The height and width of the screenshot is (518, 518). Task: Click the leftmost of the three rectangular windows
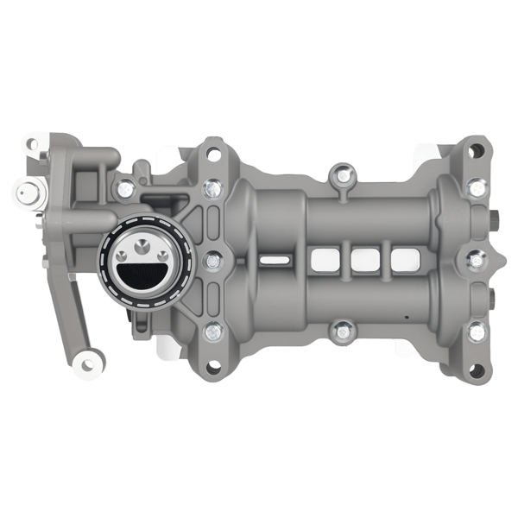coord(325,258)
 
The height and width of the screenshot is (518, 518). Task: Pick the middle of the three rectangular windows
coord(364,258)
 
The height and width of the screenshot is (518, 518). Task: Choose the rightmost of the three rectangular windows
coord(403,258)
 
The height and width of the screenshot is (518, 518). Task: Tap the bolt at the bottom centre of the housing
coord(343,329)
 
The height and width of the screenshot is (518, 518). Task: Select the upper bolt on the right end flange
coord(476,186)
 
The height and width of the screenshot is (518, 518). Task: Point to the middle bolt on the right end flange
coord(476,259)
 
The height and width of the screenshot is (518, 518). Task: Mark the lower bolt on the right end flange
coord(476,331)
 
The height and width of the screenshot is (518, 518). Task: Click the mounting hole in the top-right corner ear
coord(474,150)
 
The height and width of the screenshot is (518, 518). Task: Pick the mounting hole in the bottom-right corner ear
coord(473,370)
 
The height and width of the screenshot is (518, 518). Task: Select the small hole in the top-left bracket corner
coord(32,143)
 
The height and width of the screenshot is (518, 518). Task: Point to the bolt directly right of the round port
coord(212,259)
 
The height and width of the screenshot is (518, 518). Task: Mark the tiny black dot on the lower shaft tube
coord(405,316)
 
